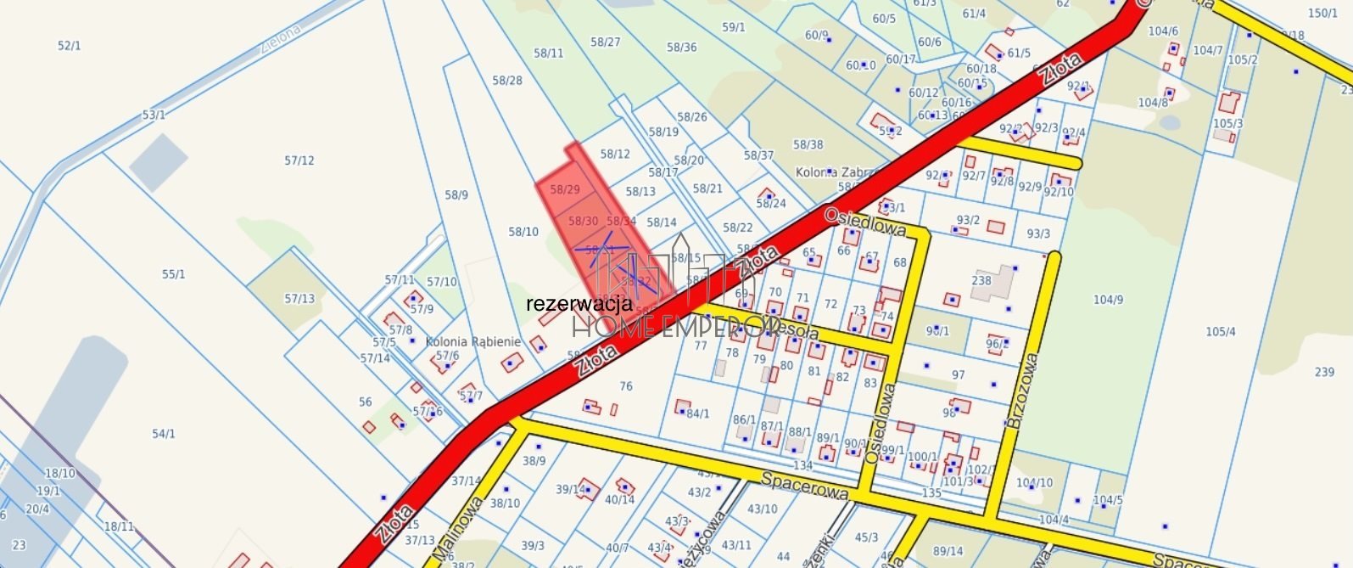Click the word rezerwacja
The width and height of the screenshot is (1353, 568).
(x=579, y=303)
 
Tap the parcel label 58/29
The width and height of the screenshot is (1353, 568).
(x=565, y=189)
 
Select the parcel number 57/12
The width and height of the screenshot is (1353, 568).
(x=299, y=160)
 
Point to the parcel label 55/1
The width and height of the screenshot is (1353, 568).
(x=173, y=274)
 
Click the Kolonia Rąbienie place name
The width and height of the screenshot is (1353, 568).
(x=473, y=341)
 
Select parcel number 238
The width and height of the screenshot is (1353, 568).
(x=981, y=280)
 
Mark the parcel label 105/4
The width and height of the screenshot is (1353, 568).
(x=1221, y=331)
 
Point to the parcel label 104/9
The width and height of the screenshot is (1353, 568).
(x=1108, y=300)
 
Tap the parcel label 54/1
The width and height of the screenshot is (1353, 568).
(x=164, y=434)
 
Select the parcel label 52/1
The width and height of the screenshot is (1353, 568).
(x=70, y=46)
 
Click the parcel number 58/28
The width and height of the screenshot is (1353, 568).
(x=507, y=81)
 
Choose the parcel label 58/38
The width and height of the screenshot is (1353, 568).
(x=808, y=145)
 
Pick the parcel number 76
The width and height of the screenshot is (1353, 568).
(x=626, y=386)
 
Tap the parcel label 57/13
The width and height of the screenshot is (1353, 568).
(x=299, y=299)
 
